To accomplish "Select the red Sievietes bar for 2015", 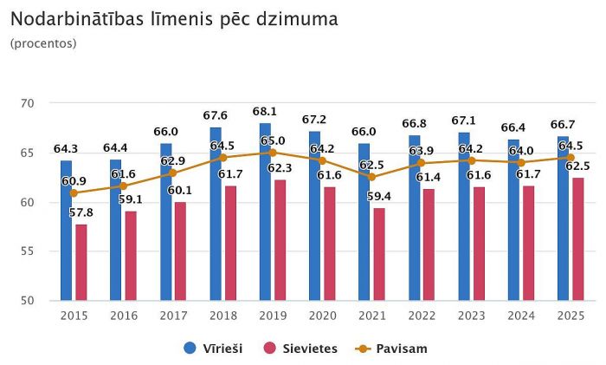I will (x=81, y=263).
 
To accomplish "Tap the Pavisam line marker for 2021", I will (x=372, y=177).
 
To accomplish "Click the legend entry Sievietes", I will (x=295, y=349).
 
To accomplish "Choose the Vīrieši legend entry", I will (x=214, y=349).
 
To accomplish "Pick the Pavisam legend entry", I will (x=391, y=349).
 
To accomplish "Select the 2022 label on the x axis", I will (x=422, y=316).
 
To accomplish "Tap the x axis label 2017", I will (x=173, y=316).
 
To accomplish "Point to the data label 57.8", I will (x=81, y=211).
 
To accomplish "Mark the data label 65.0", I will (x=272, y=140).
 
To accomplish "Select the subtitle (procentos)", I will (x=43, y=42).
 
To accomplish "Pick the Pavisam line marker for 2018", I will (x=222, y=158).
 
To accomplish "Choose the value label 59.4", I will (x=379, y=196).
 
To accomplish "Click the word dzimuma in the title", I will (x=304, y=18).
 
